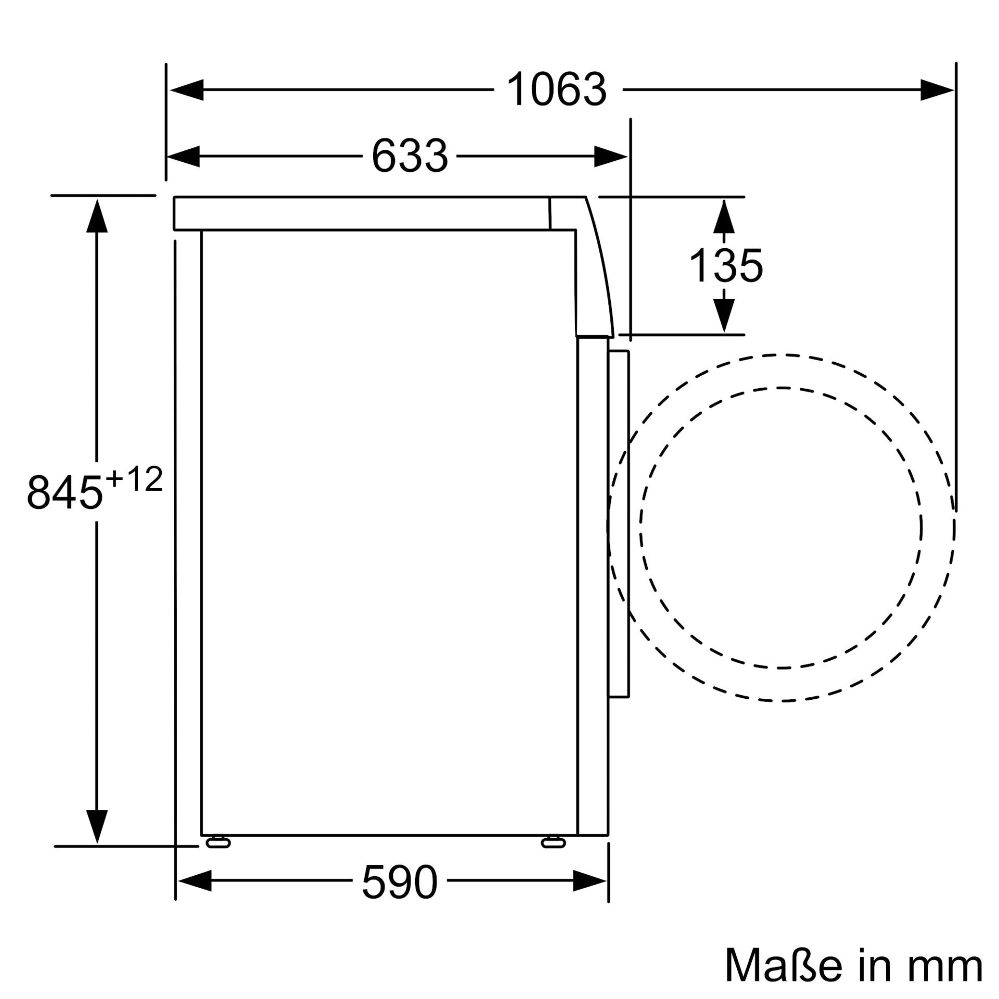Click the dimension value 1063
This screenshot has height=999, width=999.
556,90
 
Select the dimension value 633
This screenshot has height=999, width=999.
409,156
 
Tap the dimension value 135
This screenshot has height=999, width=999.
725,266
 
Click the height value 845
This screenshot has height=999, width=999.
65,492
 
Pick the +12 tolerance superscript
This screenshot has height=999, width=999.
134,480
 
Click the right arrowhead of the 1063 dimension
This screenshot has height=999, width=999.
937,90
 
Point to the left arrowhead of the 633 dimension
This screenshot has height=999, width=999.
184,156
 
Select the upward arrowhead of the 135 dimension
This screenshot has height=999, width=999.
724,216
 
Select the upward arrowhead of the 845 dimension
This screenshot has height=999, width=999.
97,215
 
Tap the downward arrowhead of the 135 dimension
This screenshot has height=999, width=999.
724,315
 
